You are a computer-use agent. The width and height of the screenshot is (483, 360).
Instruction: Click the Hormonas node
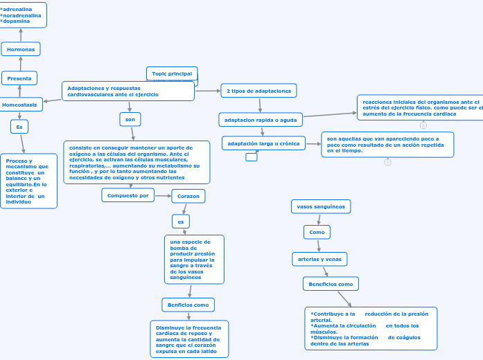pos(21,49)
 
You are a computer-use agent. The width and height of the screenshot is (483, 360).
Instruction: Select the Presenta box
pos(19,78)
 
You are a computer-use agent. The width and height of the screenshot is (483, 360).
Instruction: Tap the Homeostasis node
pos(20,105)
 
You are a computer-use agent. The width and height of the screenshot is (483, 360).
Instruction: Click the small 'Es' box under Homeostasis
pos(19,127)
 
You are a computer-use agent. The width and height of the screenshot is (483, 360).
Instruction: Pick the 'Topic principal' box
pos(172,73)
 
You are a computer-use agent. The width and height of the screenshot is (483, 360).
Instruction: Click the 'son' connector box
pos(130,120)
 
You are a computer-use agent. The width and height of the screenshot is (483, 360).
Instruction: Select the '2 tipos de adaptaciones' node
pos(258,91)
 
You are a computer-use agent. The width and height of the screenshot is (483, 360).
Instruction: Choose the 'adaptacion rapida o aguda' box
pos(261,120)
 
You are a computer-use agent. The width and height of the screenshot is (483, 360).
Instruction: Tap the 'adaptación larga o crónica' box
pos(263,143)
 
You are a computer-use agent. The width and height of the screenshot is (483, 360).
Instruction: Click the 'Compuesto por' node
pos(128,196)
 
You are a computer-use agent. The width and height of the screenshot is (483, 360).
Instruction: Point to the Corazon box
pos(188,197)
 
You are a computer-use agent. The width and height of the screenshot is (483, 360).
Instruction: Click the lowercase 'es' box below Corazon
pos(180,222)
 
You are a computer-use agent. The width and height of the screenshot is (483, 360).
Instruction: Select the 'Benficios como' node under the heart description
pos(188,305)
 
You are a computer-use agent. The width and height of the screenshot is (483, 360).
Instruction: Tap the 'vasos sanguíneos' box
pos(320,206)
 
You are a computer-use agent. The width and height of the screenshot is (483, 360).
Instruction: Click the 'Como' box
pos(317,232)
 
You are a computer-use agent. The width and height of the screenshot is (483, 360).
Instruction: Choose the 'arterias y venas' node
pos(319,259)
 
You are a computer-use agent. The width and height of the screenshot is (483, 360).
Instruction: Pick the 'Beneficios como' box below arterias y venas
pos(331,284)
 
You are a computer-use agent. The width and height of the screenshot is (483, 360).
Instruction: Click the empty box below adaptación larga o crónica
pos(252,157)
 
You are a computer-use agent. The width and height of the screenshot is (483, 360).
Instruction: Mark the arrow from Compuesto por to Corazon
pos(163,196)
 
